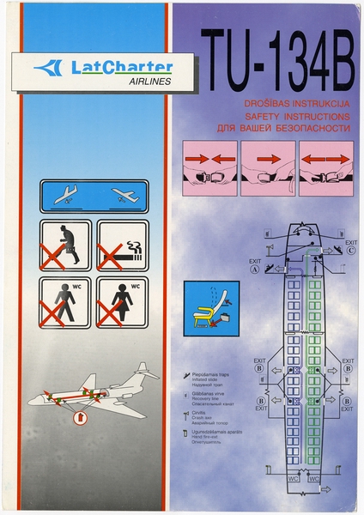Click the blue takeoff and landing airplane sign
tap(94, 195)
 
